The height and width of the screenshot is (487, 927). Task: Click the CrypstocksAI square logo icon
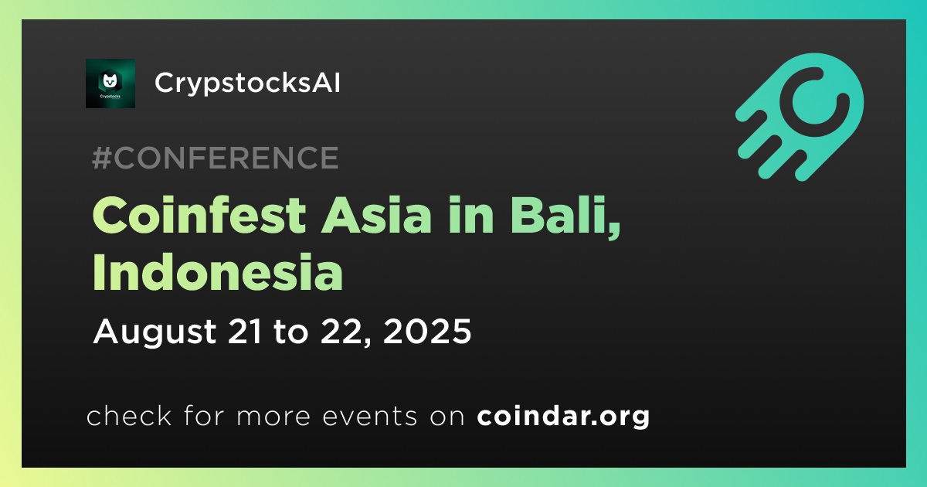click(x=110, y=83)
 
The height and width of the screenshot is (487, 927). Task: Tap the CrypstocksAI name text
click(x=247, y=83)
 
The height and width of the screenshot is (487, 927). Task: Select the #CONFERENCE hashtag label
click(x=216, y=158)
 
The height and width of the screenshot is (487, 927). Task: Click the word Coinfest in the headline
click(x=199, y=216)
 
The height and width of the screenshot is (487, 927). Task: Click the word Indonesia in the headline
click(x=218, y=271)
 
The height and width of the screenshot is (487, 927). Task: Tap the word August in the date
click(x=154, y=332)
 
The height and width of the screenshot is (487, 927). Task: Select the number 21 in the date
click(x=245, y=331)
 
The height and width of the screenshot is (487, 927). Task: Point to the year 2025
click(x=427, y=331)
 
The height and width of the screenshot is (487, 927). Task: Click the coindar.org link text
click(x=563, y=416)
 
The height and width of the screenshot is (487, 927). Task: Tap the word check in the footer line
click(x=129, y=415)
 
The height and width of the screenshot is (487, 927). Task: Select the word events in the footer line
click(x=369, y=416)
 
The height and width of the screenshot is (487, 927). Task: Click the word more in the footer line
click(x=273, y=417)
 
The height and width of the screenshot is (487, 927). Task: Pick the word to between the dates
click(x=291, y=332)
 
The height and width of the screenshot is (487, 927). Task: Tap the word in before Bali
click(x=471, y=216)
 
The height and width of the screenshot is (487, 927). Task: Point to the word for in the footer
click(x=204, y=415)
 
